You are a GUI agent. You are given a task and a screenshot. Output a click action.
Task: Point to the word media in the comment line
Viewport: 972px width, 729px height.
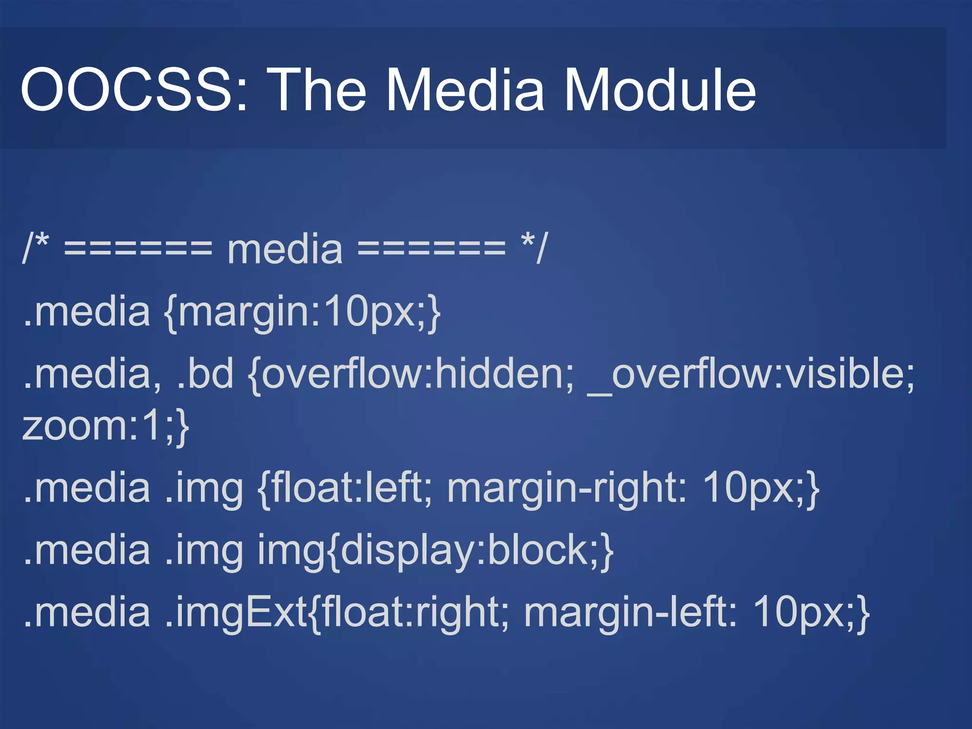point(285,250)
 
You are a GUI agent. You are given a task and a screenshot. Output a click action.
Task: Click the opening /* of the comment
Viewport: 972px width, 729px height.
point(36,248)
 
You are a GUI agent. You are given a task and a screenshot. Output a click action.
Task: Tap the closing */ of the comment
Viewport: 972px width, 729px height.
point(534,248)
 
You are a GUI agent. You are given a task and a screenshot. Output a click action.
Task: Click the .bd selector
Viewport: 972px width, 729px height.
point(205,374)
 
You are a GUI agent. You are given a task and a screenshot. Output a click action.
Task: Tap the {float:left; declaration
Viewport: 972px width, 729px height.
point(345,489)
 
